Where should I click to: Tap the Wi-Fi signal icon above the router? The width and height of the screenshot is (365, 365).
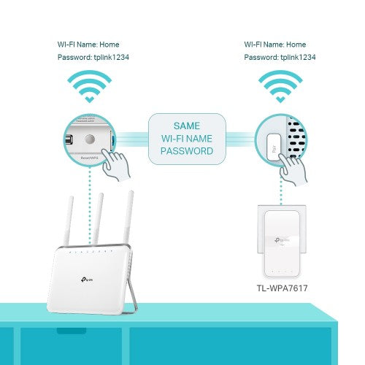coord(89,87)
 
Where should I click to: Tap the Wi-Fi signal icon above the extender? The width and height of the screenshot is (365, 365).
coord(280,87)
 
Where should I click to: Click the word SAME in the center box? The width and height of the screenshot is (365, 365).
coord(186,126)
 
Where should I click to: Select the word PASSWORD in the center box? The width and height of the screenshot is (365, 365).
coord(186,152)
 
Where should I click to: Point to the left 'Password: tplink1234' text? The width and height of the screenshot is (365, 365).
coord(89,57)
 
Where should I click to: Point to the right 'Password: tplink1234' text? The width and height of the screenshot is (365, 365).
coord(280,57)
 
